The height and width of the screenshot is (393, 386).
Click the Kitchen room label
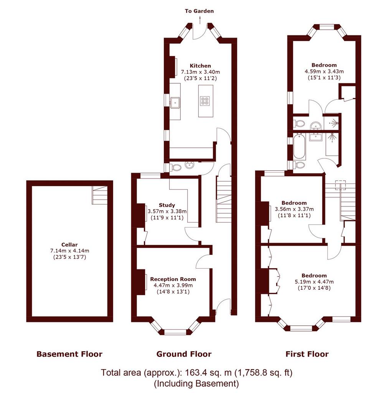200,66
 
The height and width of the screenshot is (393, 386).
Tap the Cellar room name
69,244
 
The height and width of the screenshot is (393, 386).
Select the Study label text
167,205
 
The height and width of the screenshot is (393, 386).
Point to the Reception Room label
173,279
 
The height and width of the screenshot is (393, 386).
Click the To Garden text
199,11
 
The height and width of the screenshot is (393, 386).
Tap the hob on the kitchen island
205,101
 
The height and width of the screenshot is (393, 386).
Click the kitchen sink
175,102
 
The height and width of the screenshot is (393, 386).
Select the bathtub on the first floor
299,146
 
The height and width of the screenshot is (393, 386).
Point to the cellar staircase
100,195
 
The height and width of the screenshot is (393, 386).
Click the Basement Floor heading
69,354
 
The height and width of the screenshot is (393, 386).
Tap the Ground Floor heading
184,354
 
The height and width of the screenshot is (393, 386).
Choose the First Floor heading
307,354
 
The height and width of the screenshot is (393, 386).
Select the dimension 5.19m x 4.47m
314,282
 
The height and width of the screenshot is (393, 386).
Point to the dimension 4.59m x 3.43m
324,71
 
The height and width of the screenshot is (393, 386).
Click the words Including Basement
196,383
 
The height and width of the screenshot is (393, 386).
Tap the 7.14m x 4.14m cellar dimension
70,251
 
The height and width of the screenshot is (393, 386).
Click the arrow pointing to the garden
200,20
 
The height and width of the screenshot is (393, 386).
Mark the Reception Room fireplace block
141,282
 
